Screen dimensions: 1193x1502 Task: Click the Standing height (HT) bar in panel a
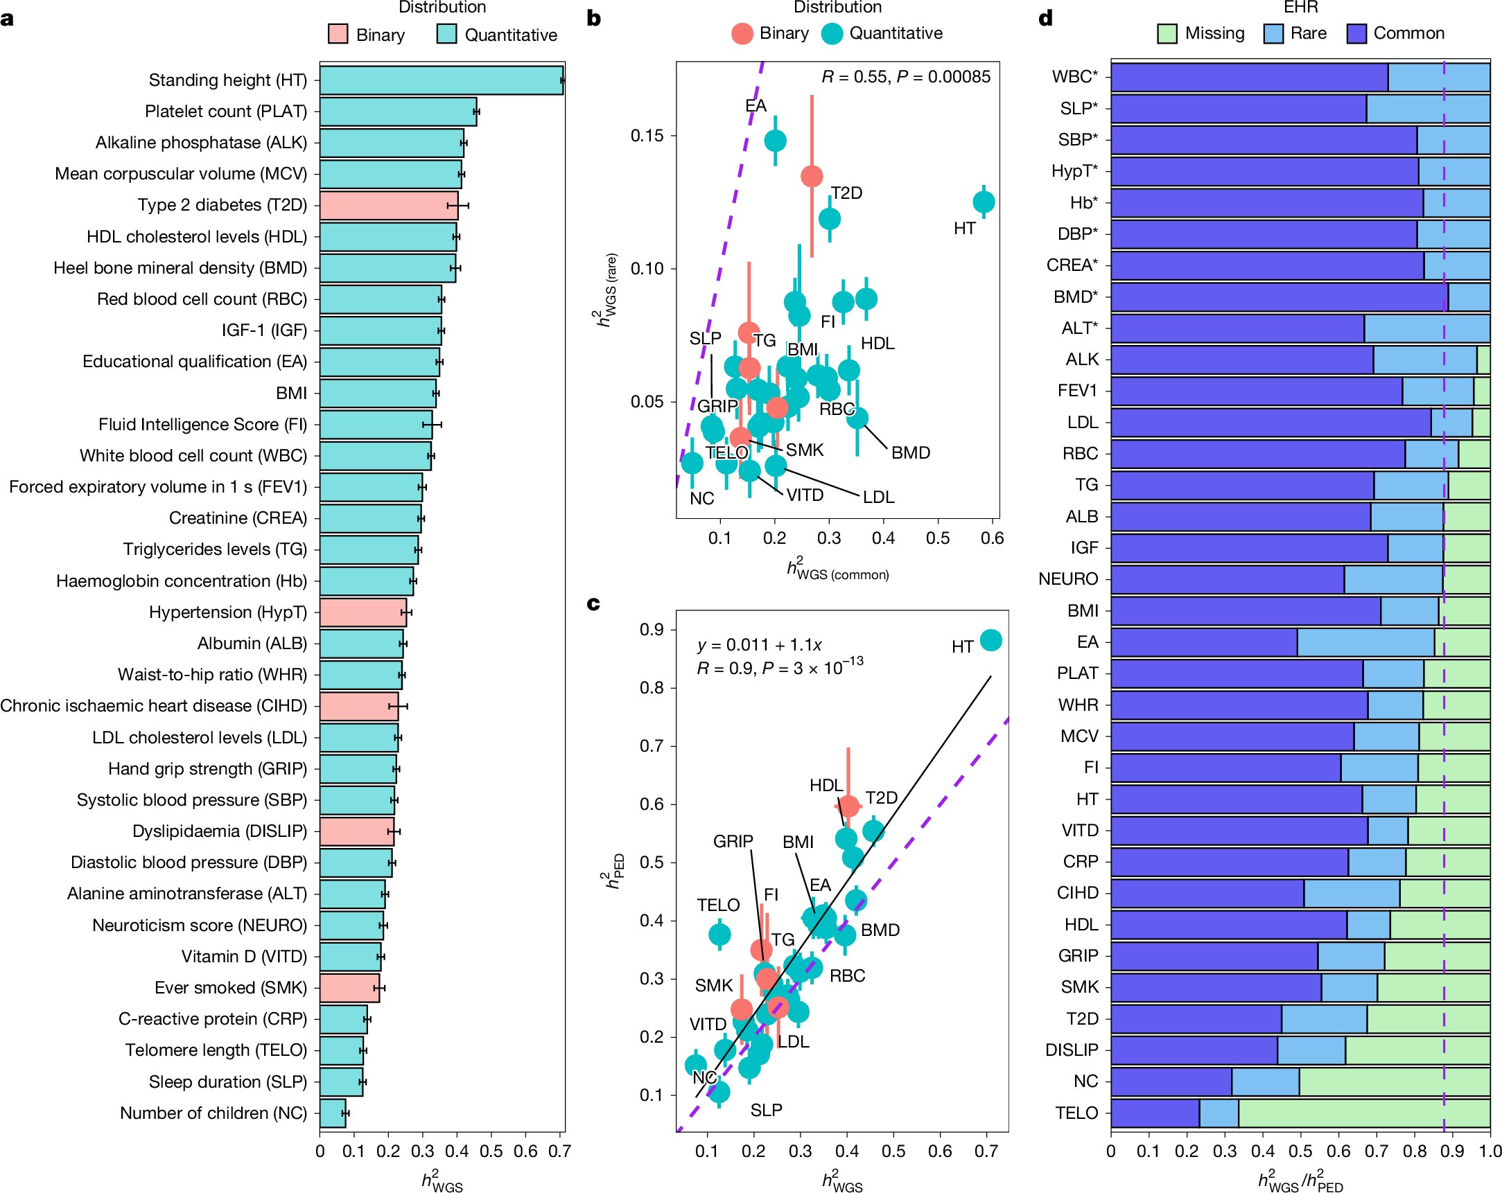[x=441, y=80]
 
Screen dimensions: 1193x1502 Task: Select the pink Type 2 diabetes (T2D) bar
[x=388, y=206]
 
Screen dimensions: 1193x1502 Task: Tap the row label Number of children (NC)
[x=213, y=1113]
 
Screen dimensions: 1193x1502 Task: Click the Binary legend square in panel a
[x=338, y=34]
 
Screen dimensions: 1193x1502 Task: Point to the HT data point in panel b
[x=983, y=202]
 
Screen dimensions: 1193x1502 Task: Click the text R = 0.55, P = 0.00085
[x=906, y=77]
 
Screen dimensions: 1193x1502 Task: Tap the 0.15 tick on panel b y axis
[x=647, y=135]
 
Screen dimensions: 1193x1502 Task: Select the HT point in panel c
[x=990, y=640]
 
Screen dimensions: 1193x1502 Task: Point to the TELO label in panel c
[x=717, y=905]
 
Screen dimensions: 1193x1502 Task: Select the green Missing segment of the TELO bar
[x=1363, y=1113]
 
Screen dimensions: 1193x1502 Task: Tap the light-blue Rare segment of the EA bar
[x=1365, y=642]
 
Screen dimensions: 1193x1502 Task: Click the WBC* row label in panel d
[x=1074, y=77]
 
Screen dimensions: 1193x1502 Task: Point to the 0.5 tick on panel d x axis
[x=1300, y=1151]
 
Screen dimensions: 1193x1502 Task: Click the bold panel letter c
[x=593, y=603]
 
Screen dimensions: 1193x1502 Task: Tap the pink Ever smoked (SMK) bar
[x=349, y=987]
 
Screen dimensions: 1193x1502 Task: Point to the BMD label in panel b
[x=911, y=452]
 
